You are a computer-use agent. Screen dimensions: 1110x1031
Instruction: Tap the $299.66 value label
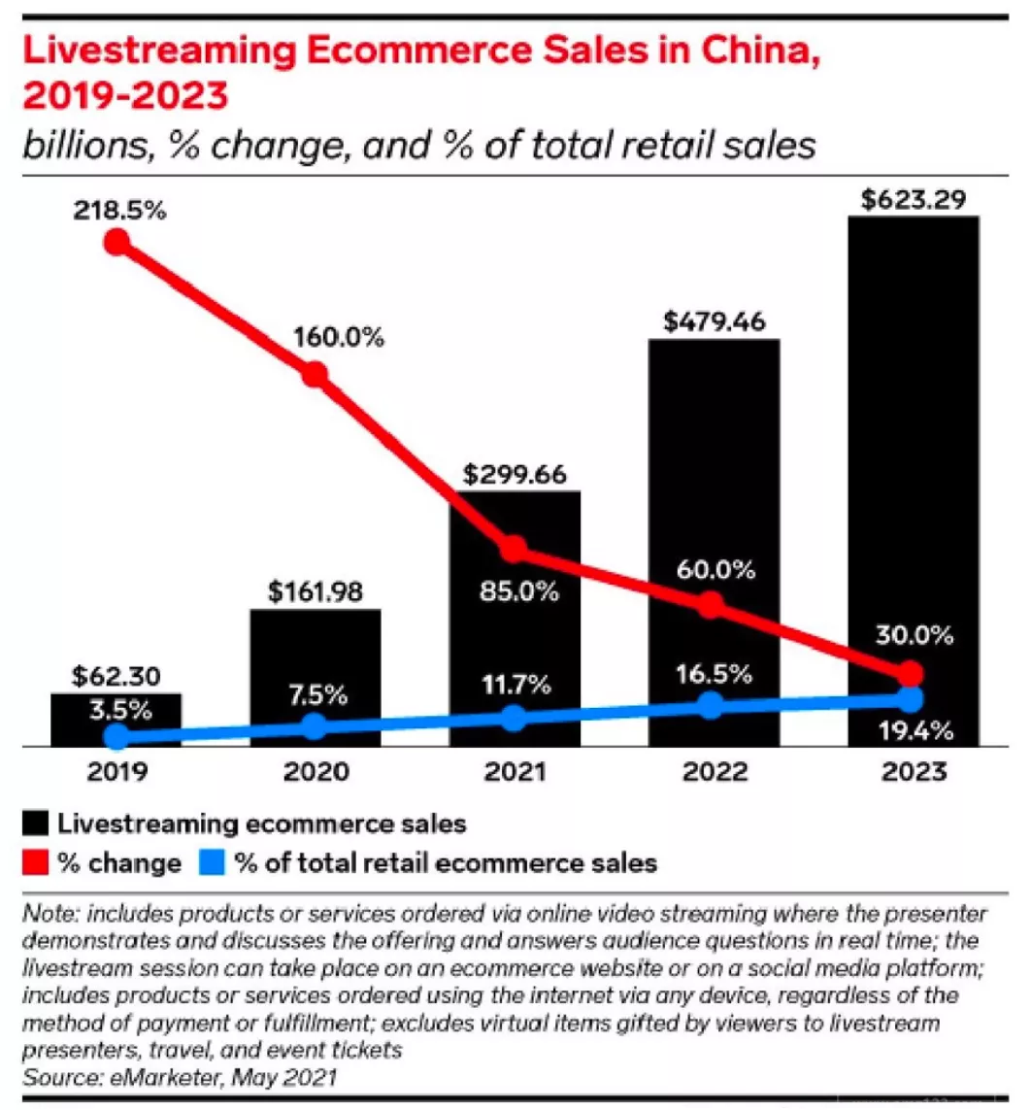click(x=515, y=475)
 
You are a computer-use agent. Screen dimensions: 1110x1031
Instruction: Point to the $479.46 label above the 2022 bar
click(x=713, y=322)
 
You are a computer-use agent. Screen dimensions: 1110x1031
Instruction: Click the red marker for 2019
click(x=116, y=242)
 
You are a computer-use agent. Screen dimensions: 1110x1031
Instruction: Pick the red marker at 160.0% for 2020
click(x=315, y=375)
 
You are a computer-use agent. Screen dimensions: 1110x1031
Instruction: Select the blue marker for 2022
click(x=711, y=705)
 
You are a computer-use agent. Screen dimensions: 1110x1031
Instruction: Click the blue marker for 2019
click(x=116, y=737)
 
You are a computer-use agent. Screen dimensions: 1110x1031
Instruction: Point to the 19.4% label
click(x=913, y=730)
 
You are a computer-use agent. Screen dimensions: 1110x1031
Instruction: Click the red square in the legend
click(x=35, y=862)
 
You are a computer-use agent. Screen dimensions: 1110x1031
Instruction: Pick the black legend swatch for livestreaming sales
click(x=35, y=824)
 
